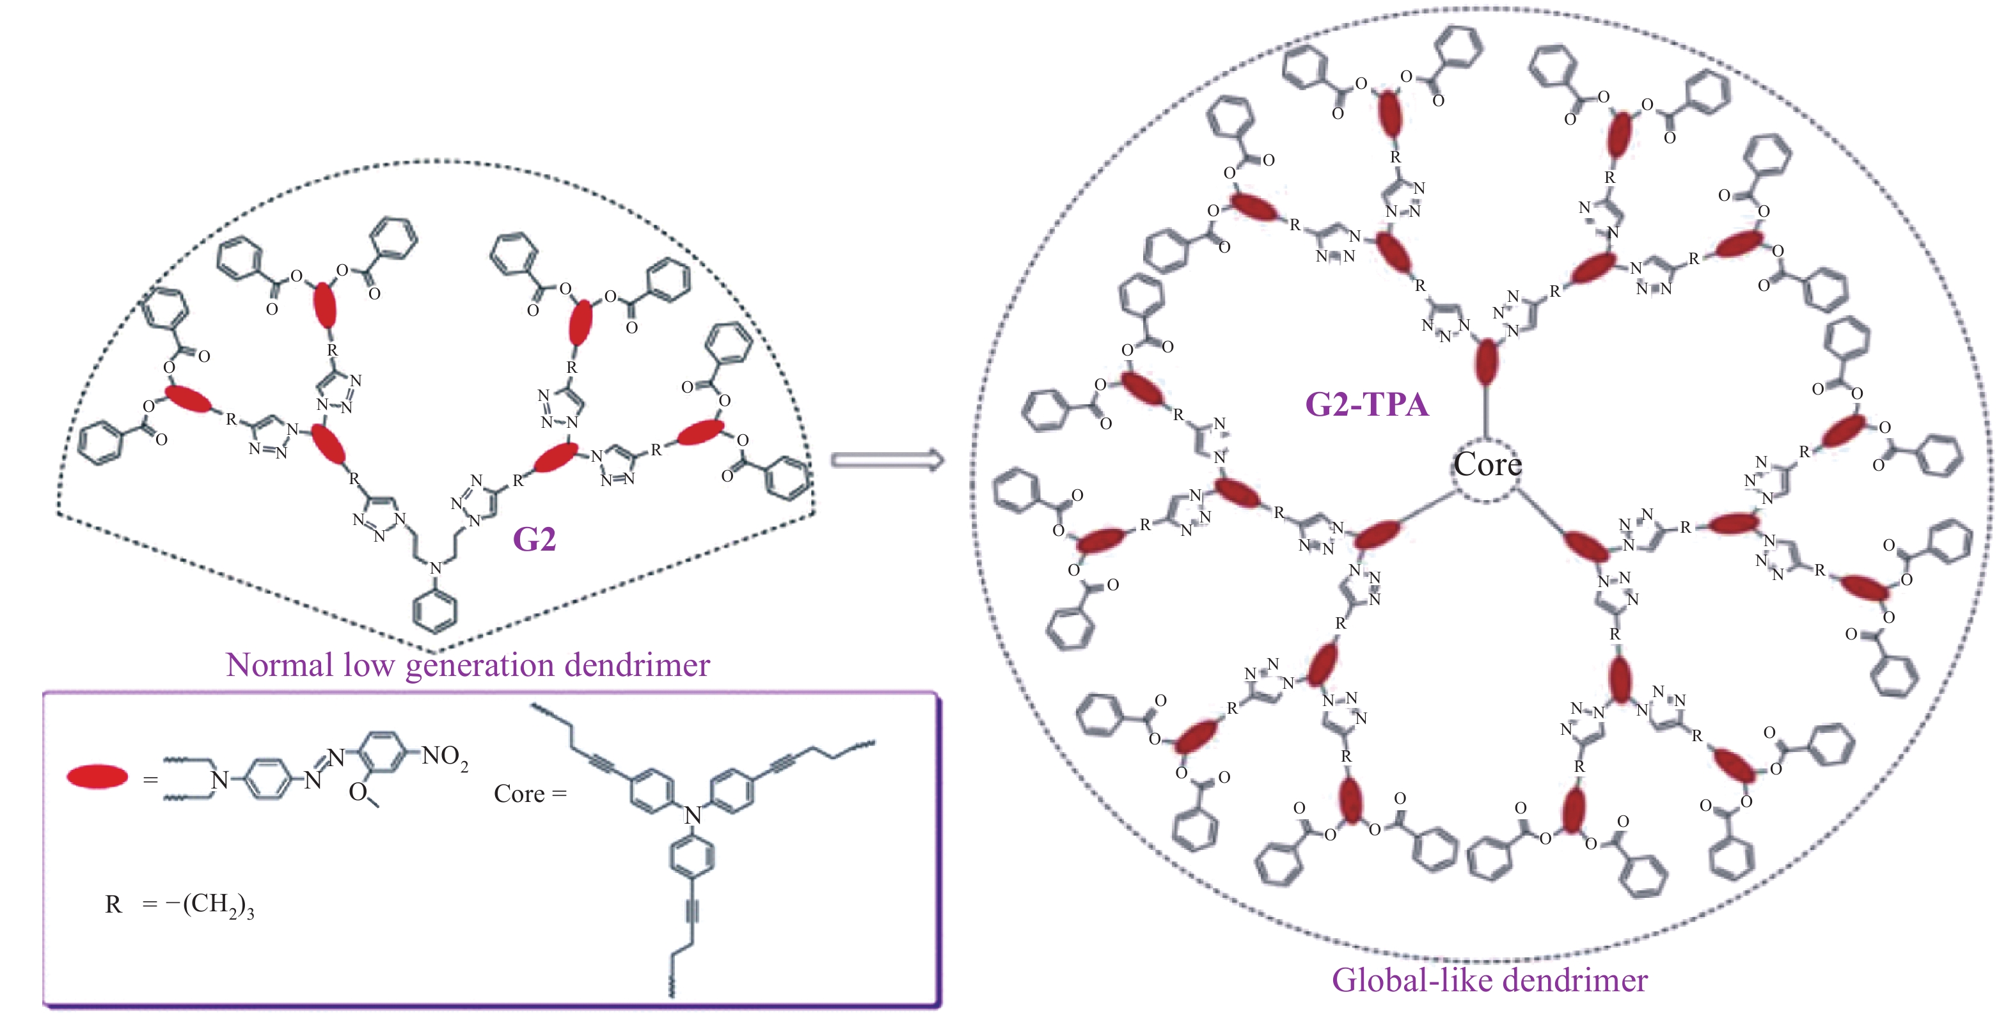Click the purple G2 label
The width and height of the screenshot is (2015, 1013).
point(534,540)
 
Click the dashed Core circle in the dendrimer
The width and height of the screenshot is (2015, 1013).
point(1486,467)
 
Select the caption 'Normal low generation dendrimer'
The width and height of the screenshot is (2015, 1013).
point(468,666)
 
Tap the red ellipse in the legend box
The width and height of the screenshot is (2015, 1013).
point(97,777)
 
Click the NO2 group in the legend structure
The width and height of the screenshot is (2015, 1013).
point(445,757)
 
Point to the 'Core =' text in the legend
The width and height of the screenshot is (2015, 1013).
point(530,794)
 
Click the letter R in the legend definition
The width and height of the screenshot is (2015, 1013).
point(113,905)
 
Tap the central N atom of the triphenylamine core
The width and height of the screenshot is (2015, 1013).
point(693,815)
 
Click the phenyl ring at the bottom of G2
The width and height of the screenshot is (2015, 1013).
point(436,610)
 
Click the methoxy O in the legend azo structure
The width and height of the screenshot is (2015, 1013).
point(358,792)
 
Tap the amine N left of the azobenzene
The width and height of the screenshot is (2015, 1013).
point(220,780)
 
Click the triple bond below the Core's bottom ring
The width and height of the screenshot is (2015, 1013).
point(691,911)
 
